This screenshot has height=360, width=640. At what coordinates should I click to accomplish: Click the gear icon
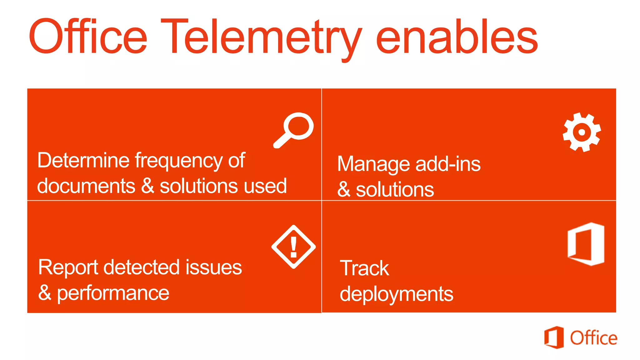(582, 132)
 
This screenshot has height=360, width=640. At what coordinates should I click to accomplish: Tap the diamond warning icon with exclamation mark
(293, 247)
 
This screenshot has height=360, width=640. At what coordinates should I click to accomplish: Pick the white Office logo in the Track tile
(586, 244)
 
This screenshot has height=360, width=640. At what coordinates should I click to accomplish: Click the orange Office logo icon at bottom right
(554, 337)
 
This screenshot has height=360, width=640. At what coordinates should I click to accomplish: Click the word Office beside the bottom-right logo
(593, 338)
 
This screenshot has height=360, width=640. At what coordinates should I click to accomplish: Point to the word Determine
(83, 160)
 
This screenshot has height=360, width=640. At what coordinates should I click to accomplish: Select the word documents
(86, 186)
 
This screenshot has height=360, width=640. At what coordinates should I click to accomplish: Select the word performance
(113, 294)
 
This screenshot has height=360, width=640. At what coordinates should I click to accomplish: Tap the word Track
(364, 268)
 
